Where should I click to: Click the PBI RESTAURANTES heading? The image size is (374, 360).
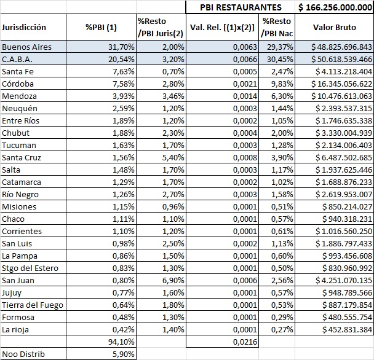(241, 7)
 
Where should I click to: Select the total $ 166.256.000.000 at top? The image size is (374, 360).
(335, 7)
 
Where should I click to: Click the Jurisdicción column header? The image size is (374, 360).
(24, 27)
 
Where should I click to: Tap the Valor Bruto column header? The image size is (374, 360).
(335, 27)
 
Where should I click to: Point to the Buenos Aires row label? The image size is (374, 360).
(26, 47)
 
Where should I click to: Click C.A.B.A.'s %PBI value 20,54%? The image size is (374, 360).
(121, 59)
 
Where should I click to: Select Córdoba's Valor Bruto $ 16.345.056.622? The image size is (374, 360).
(341, 84)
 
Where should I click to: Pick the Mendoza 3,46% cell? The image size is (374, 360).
(173, 96)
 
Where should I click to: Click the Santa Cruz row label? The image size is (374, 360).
(22, 157)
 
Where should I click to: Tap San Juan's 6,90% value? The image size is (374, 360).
(173, 280)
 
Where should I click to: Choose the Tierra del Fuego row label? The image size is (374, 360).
(33, 305)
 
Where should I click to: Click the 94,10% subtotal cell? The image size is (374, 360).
(121, 342)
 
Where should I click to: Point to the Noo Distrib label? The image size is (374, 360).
(23, 354)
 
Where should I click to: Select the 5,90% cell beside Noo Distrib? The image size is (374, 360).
(123, 354)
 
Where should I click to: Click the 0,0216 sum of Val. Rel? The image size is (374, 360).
(245, 342)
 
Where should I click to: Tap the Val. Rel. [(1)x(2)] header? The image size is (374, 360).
(222, 28)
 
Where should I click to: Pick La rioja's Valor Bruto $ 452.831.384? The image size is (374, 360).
(348, 329)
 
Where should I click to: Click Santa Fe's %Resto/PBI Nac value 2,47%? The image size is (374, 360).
(282, 71)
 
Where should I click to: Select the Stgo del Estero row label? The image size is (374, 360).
(30, 268)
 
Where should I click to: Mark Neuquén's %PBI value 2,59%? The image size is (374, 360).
(123, 108)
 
